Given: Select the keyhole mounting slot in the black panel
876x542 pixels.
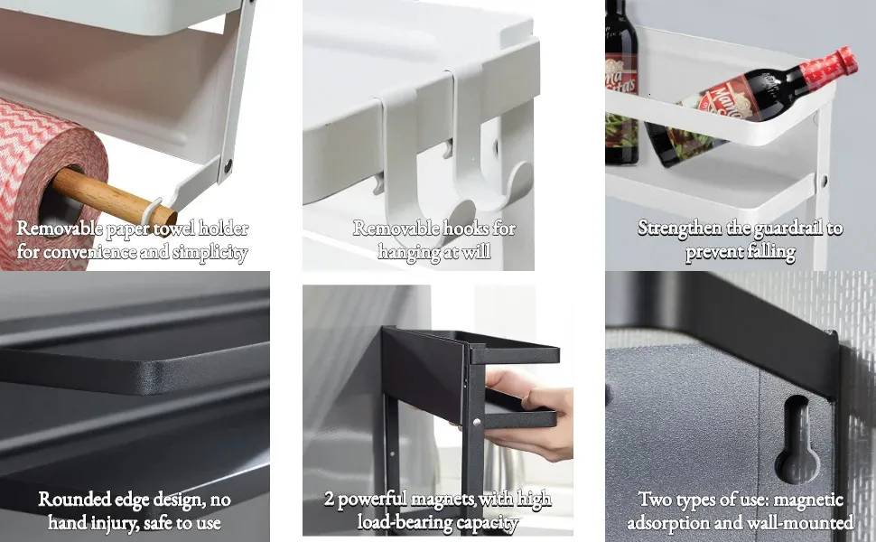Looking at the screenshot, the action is pyautogui.click(x=797, y=439).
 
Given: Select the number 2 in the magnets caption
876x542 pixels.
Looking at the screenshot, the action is pyautogui.click(x=329, y=499).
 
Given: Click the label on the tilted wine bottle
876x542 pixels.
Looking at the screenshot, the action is pyautogui.click(x=721, y=100).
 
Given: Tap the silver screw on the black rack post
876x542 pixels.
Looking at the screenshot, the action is pyautogui.click(x=477, y=423).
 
